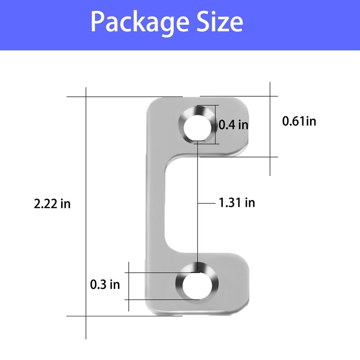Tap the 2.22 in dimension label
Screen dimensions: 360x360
click(x=52, y=204)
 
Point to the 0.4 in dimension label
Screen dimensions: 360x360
click(x=234, y=125)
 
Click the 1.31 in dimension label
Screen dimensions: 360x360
click(x=237, y=203)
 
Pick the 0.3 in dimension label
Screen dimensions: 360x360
click(x=105, y=284)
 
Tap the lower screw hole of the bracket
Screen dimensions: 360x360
click(x=196, y=286)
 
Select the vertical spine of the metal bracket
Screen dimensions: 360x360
click(x=155, y=202)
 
